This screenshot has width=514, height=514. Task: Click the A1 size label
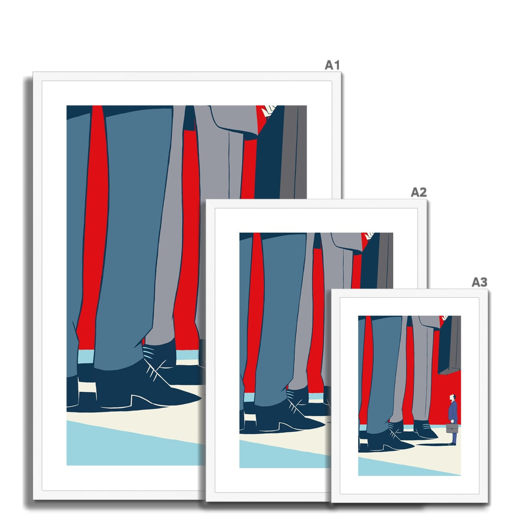[332, 65]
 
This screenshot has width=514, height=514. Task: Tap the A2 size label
[418, 192]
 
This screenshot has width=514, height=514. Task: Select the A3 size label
[479, 282]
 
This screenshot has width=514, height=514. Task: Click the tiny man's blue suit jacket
[453, 412]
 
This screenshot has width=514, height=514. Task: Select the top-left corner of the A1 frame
[33, 72]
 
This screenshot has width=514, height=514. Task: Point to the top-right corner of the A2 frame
[426, 200]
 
